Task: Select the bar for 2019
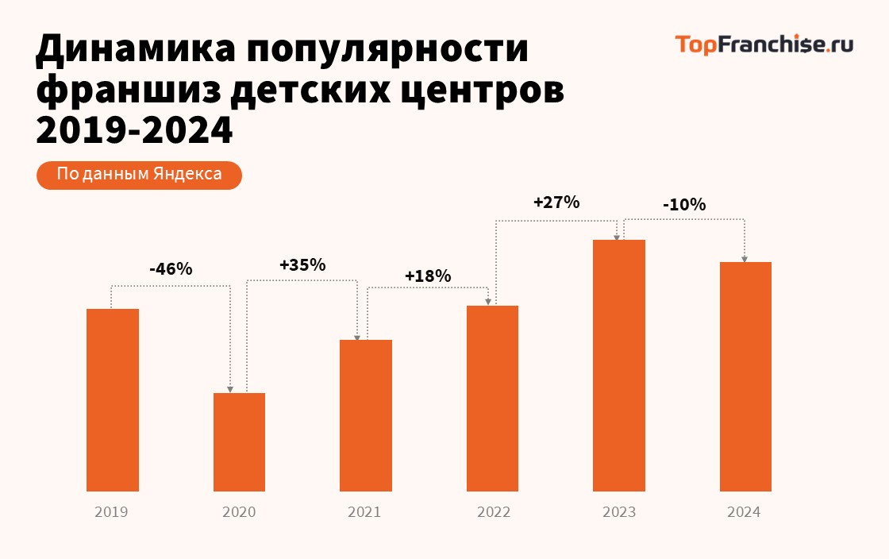pyautogui.click(x=113, y=399)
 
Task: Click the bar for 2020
pyautogui.click(x=239, y=441)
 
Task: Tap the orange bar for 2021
pyautogui.click(x=366, y=415)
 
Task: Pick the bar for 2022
pyautogui.click(x=492, y=398)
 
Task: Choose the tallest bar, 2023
pyautogui.click(x=619, y=365)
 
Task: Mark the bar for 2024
pyautogui.click(x=745, y=376)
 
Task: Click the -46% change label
pyautogui.click(x=171, y=269)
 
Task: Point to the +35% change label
pyautogui.click(x=302, y=265)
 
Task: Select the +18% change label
pyautogui.click(x=428, y=276)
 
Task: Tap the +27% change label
pyautogui.click(x=556, y=202)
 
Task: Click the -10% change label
pyautogui.click(x=684, y=205)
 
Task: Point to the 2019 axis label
pyautogui.click(x=111, y=512)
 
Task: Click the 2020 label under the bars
pyautogui.click(x=239, y=512)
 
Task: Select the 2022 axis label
pyautogui.click(x=493, y=512)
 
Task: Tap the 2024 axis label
pyautogui.click(x=744, y=512)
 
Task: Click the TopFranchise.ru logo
pyautogui.click(x=764, y=44)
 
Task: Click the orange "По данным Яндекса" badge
pyautogui.click(x=139, y=175)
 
